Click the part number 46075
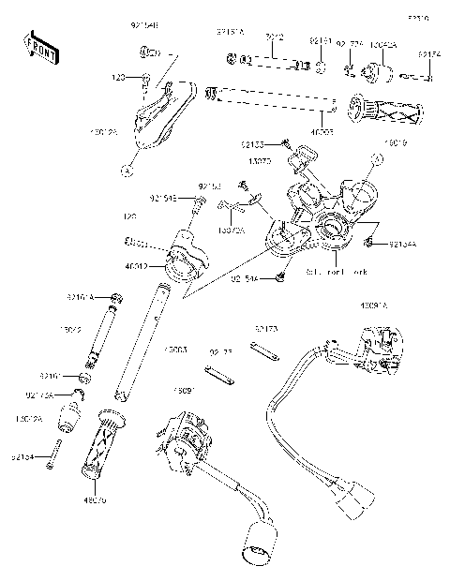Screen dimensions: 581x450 coord(95,500)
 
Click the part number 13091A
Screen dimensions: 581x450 coord(374,305)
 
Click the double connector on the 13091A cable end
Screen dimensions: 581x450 coord(349,501)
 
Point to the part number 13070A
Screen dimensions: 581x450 coord(230,229)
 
